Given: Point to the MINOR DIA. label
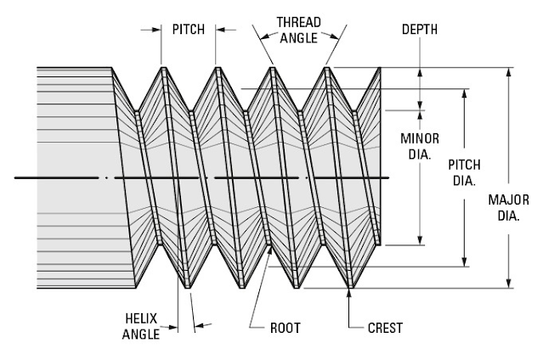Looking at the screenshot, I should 418,145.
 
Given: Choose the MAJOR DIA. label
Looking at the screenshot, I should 508,207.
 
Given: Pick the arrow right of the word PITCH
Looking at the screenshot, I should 219,28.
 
